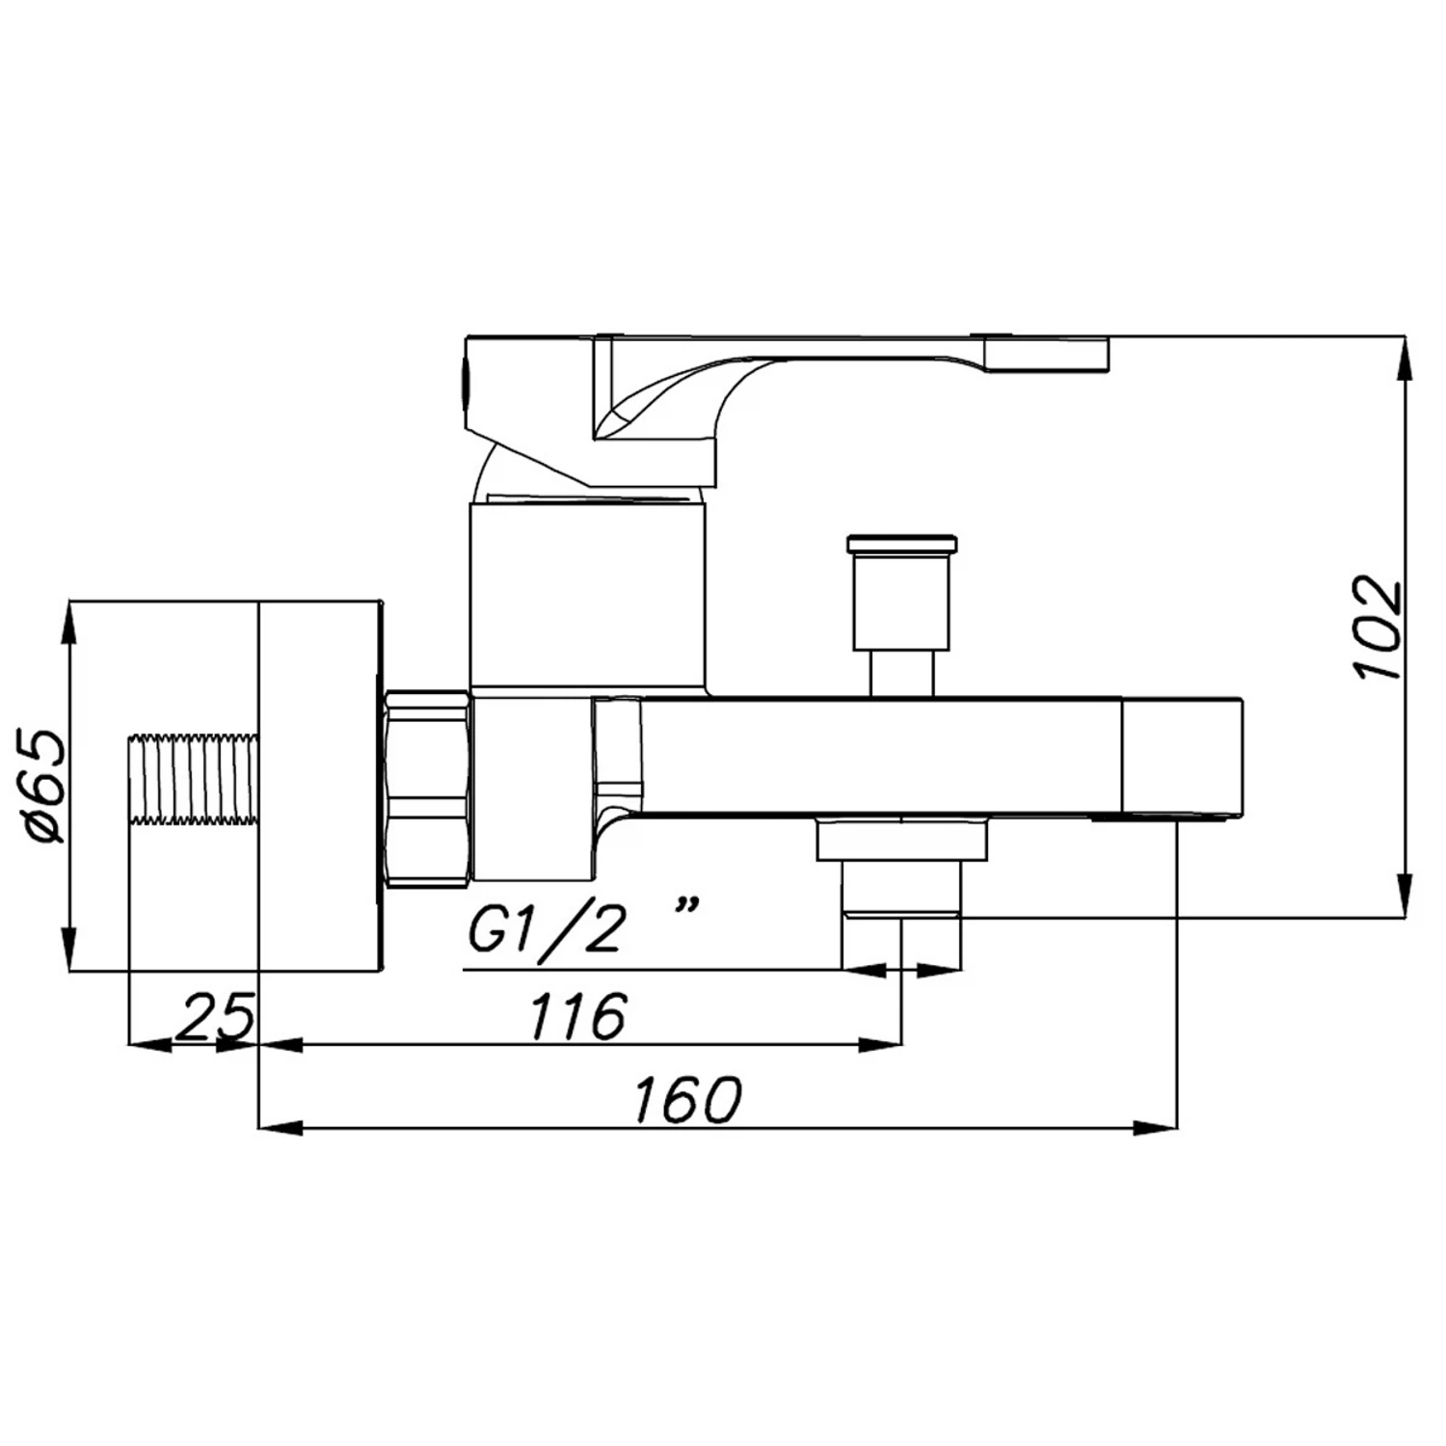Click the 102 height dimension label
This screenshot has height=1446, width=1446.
[1377, 628]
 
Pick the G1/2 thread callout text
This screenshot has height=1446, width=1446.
[544, 930]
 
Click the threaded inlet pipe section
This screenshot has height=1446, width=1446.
[194, 780]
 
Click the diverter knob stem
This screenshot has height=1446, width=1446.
[902, 673]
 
